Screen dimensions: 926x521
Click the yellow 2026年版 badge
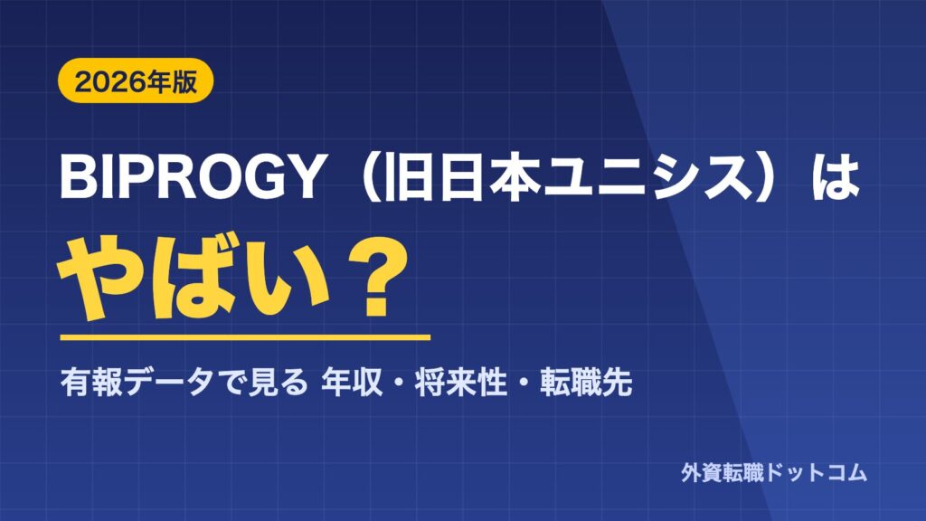tap(136, 81)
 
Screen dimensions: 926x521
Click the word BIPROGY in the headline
tap(192, 177)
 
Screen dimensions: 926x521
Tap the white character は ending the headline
tap(836, 177)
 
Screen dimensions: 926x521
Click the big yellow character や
tap(99, 279)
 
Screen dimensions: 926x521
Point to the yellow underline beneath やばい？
tap(245, 337)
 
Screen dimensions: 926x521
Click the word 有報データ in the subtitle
tap(137, 383)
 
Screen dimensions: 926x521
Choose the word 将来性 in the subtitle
tap(460, 383)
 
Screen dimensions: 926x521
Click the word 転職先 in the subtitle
tap(586, 383)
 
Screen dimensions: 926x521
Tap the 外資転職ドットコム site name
tap(774, 472)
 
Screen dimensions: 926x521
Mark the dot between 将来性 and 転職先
tap(524, 384)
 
